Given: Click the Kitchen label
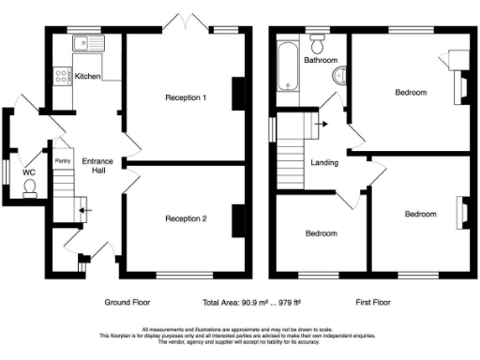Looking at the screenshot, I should coord(88,76).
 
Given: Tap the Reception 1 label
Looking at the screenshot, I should coord(186,97).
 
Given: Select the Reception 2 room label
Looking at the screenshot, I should coord(186,218).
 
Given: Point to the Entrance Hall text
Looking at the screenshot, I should coord(96,166).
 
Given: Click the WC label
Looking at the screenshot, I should coord(28,172).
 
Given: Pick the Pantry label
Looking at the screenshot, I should coord(63,161).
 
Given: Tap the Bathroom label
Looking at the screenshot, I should coord(320,60).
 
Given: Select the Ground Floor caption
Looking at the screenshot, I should coord(127,303).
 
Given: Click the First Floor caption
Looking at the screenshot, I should coord(371,303).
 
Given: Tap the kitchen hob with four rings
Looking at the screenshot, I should coord(63,75).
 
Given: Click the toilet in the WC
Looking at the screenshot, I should coord(30,187).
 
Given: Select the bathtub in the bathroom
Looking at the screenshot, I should coord(285,66).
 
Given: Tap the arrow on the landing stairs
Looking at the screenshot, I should coord(321,122).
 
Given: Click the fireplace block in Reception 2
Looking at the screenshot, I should coord(239,217).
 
